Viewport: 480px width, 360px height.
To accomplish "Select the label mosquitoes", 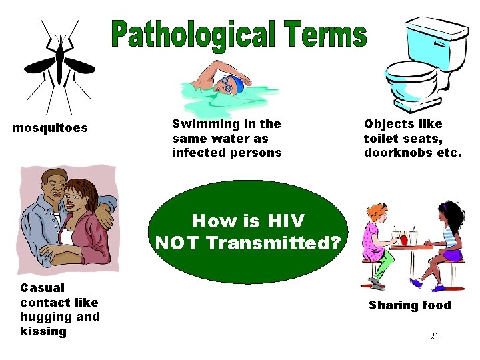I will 50,128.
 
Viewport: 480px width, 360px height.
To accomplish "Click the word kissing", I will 44,331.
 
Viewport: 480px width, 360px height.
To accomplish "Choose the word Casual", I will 43,288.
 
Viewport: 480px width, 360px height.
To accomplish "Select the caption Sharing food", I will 409,306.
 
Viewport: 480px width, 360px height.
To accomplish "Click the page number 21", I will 434,336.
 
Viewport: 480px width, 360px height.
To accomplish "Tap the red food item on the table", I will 403,238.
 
